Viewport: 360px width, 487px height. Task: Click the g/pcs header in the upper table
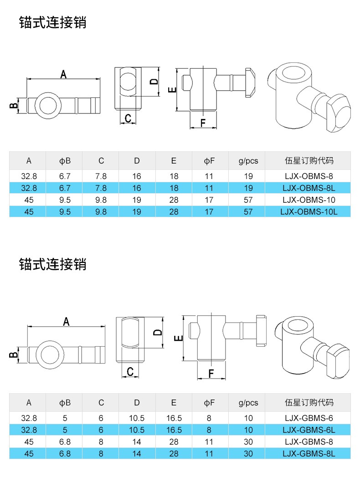(248, 161)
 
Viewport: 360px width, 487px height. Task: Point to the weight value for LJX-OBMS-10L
(248, 211)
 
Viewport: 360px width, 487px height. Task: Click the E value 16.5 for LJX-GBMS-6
(174, 418)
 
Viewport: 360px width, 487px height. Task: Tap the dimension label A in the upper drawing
(64, 74)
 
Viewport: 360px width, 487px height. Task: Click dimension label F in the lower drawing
(211, 374)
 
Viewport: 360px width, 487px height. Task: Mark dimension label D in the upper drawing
(154, 82)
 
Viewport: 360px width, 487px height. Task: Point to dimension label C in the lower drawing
(130, 372)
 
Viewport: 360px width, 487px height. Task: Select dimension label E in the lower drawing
(179, 338)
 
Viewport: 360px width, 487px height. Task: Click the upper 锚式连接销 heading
(52, 22)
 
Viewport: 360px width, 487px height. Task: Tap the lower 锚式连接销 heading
(52, 264)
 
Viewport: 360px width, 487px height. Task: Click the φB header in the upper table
(65, 161)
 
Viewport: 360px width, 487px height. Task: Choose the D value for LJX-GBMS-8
(137, 442)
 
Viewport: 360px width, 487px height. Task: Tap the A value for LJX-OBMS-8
(29, 176)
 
